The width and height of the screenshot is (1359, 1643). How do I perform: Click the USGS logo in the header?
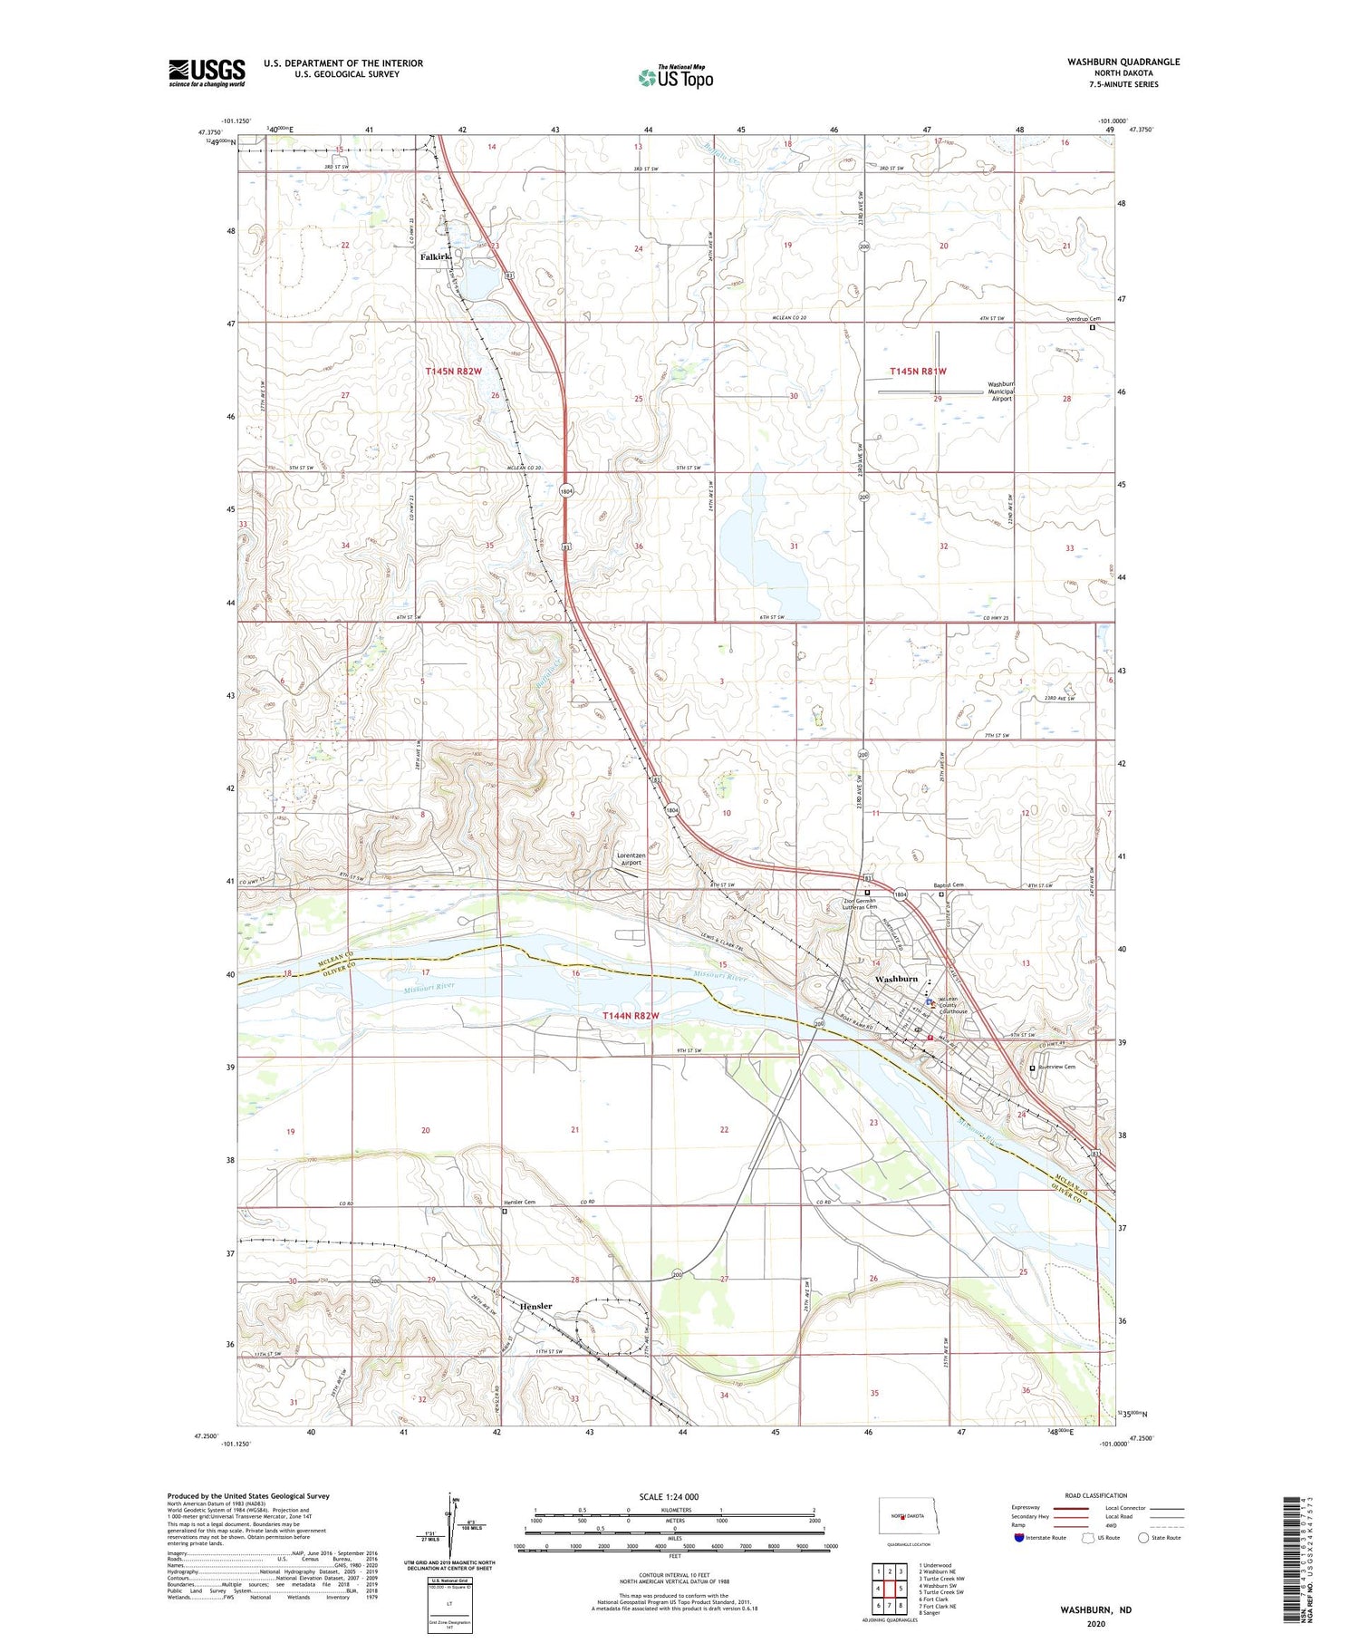pyautogui.click(x=207, y=72)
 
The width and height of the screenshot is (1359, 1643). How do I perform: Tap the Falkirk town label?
pyautogui.click(x=436, y=257)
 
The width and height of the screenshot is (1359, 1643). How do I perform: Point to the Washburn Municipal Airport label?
pyautogui.click(x=1000, y=391)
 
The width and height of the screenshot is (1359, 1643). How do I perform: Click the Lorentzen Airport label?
pyautogui.click(x=631, y=859)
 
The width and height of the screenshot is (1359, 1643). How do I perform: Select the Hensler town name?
pyautogui.click(x=535, y=1306)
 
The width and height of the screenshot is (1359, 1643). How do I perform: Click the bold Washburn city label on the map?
pyautogui.click(x=896, y=980)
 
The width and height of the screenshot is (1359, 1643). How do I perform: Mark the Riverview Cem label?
pyautogui.click(x=1056, y=1067)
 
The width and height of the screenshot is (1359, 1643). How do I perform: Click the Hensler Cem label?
pyautogui.click(x=519, y=1203)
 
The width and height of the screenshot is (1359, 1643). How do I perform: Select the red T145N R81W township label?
pyautogui.click(x=918, y=372)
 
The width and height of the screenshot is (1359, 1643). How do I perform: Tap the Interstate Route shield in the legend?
pyautogui.click(x=1018, y=1537)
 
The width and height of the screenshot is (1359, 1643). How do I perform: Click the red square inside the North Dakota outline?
pyautogui.click(x=903, y=1517)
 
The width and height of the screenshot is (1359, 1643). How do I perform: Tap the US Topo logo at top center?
pyautogui.click(x=675, y=77)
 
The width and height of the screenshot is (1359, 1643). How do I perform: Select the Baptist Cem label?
pyautogui.click(x=949, y=884)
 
